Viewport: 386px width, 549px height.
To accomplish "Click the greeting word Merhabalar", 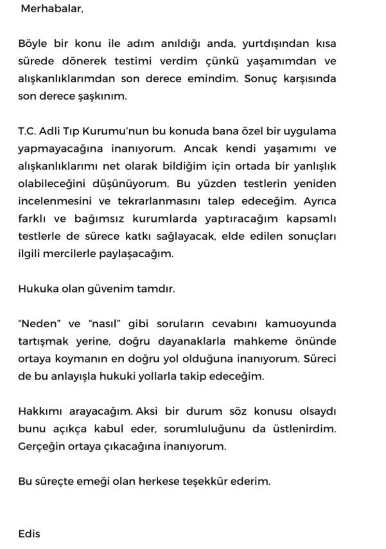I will [x=52, y=10].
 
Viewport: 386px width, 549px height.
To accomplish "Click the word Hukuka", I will [x=37, y=288].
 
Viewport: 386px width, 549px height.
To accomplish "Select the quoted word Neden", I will [x=39, y=323].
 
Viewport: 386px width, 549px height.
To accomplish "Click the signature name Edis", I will [x=29, y=532].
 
